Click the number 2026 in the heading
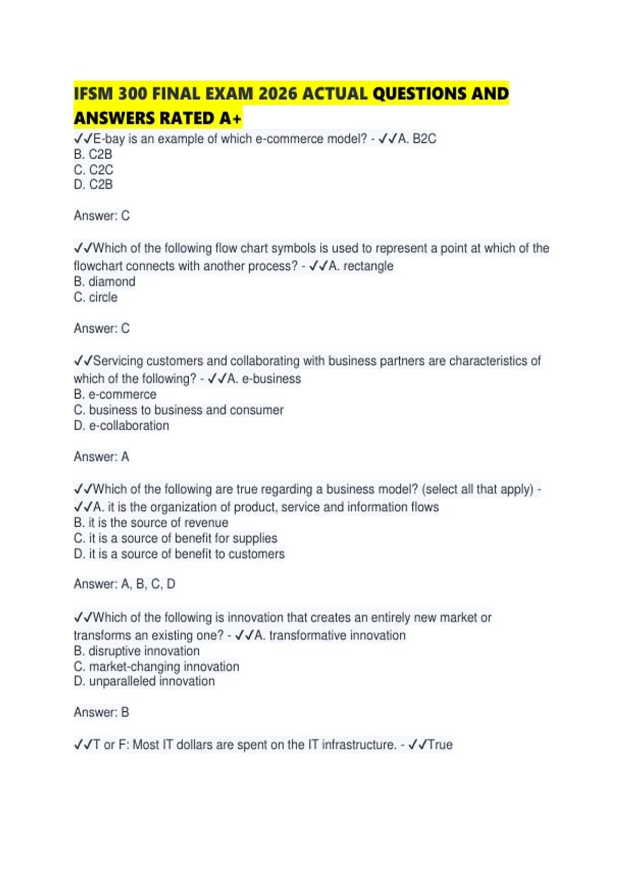coord(278,94)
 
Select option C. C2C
coord(94,170)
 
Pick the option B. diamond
coord(105,282)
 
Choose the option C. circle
coord(96,297)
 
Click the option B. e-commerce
coord(115,394)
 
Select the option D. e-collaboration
coord(122,425)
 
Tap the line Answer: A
coord(101,457)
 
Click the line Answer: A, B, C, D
coord(124,584)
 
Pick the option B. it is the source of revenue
coord(151,523)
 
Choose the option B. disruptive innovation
coord(137,651)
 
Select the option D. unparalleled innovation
coord(144,681)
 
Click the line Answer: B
coord(101,712)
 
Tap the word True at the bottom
coord(440,745)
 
